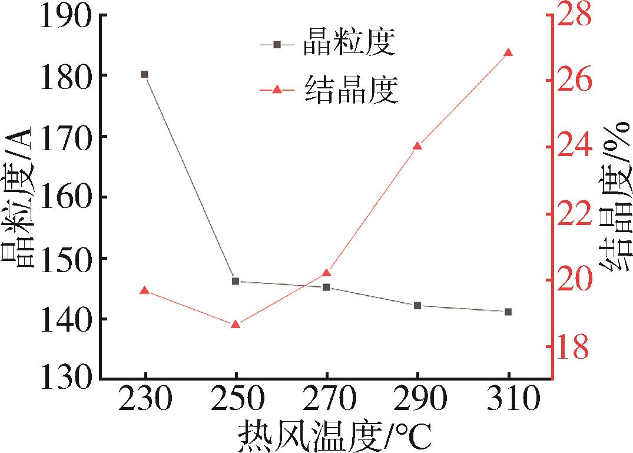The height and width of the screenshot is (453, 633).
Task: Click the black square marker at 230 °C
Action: [x=144, y=74]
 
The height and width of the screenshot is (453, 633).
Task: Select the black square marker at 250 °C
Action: [x=236, y=281]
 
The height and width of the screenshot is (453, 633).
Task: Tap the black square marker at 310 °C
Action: [x=508, y=312]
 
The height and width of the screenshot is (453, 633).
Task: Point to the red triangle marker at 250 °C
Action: [x=236, y=324]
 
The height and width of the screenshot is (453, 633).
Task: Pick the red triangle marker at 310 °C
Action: [x=508, y=52]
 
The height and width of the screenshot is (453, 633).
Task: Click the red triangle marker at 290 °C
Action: [x=417, y=146]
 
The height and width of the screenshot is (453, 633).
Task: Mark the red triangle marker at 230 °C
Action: [x=144, y=290]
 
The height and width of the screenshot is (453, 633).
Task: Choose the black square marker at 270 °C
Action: [x=326, y=287]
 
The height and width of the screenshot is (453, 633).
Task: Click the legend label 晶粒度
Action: [x=348, y=44]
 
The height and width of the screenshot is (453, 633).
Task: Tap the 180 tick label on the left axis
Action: [x=66, y=75]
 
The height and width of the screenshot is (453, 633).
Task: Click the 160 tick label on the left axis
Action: [x=66, y=197]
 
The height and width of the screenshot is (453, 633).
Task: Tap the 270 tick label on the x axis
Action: [x=326, y=401]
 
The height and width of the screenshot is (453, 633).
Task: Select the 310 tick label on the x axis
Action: [x=508, y=401]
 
